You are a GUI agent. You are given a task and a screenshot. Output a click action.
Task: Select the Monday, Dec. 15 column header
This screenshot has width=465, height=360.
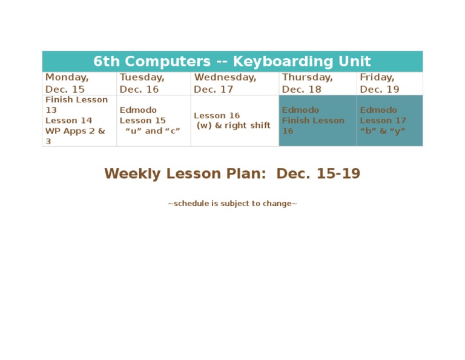coord(67,83)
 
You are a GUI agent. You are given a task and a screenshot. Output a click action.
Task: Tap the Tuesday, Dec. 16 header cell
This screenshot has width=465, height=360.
coord(142,83)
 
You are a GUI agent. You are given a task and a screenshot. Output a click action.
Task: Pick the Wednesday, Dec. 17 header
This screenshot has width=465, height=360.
coord(225,83)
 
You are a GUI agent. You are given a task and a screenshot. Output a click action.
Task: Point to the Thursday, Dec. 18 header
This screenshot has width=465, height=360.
coord(307,83)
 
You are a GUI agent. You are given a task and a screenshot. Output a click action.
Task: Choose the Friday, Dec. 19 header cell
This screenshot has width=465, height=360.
coord(380,83)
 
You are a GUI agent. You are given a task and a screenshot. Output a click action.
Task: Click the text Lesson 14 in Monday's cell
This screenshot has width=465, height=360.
coord(69,120)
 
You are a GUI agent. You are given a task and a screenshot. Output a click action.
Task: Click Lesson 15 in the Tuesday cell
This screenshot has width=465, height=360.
coord(142,120)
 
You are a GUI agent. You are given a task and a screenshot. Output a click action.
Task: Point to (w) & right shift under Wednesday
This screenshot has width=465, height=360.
coord(233,125)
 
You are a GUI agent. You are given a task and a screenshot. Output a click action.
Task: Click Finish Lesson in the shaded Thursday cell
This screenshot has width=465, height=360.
coord(313,120)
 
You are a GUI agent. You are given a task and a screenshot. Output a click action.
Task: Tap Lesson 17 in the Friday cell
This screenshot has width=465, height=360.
coord(383,120)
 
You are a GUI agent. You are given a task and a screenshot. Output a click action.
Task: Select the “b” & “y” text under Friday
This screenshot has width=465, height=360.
coord(382,130)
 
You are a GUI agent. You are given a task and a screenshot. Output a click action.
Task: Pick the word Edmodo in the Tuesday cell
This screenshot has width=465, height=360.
coord(138,110)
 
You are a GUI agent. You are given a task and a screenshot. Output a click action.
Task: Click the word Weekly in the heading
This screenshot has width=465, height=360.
coord(133,174)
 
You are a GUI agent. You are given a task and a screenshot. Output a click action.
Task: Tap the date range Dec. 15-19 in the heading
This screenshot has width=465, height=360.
coord(318,174)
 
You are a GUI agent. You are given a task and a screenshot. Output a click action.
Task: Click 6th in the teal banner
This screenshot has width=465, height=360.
coord(107,61)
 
